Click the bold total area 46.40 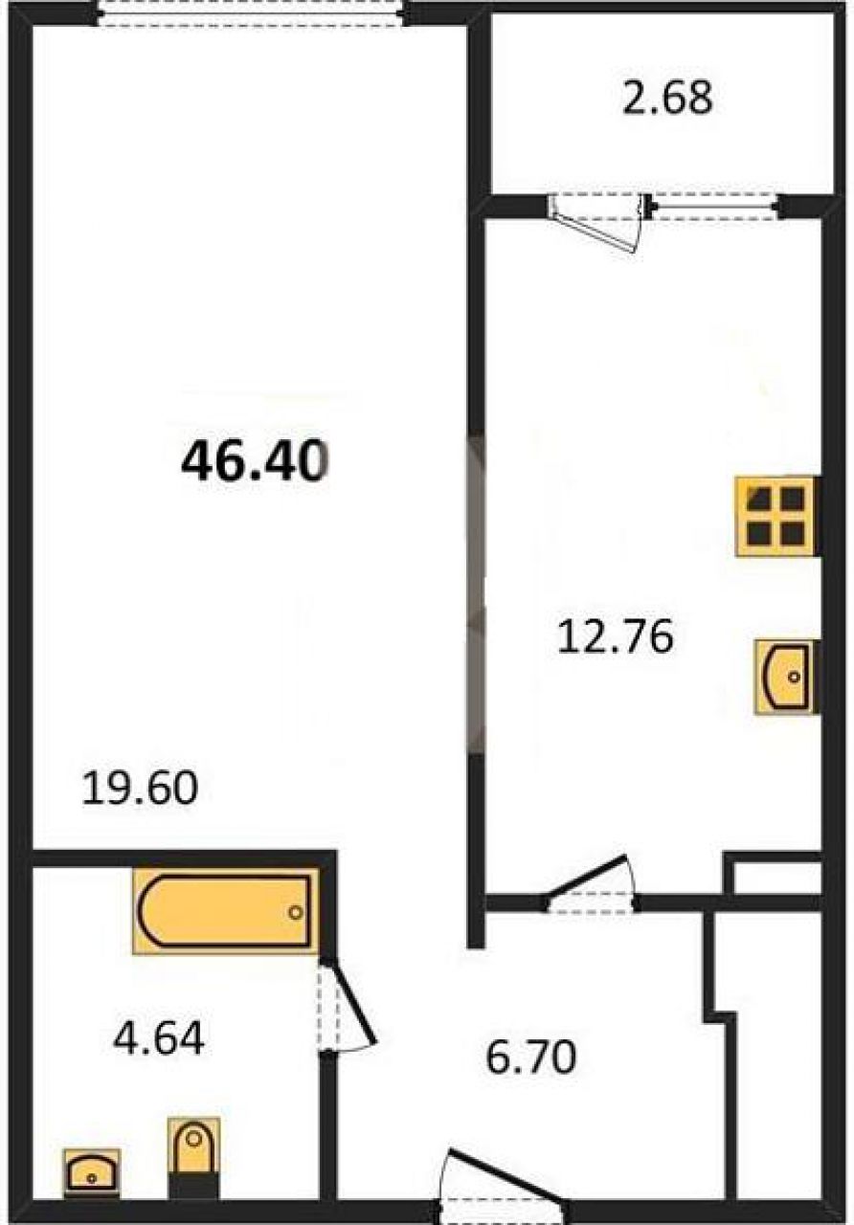tap(255, 461)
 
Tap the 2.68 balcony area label tap(667, 98)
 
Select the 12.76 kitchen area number tap(615, 636)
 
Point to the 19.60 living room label tap(140, 788)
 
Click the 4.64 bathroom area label tap(159, 1038)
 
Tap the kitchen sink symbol tap(786, 677)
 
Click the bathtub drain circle tap(296, 912)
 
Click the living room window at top tap(251, 12)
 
